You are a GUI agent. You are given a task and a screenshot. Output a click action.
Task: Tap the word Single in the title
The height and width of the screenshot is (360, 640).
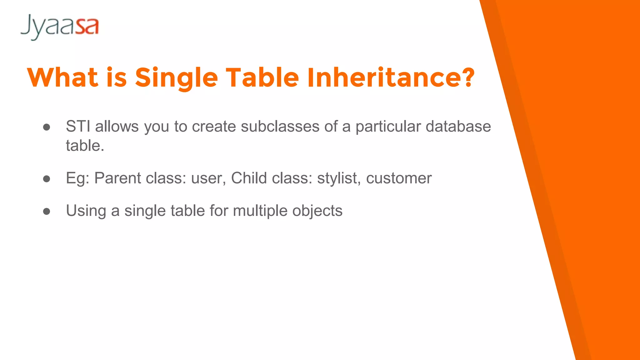coord(176,78)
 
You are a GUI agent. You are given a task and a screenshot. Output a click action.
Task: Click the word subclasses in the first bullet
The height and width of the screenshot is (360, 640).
coord(280,126)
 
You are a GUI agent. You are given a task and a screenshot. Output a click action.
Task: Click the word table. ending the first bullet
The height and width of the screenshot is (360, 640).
coord(85,146)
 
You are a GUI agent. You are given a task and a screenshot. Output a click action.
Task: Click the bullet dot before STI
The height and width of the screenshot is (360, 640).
coord(47,127)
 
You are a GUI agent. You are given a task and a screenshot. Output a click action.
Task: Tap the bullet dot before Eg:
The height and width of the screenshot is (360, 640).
coord(47,179)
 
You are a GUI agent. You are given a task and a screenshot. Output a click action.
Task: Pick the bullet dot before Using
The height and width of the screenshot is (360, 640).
coord(47,211)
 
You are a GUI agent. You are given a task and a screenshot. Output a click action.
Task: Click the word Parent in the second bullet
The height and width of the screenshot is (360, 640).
coord(117,178)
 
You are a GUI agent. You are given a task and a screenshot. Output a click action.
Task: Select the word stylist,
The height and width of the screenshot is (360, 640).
coord(339,178)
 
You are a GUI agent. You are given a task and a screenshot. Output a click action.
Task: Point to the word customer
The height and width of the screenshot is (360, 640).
coord(399,178)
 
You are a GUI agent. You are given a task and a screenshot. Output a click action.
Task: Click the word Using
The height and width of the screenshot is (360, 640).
coord(86,211)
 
